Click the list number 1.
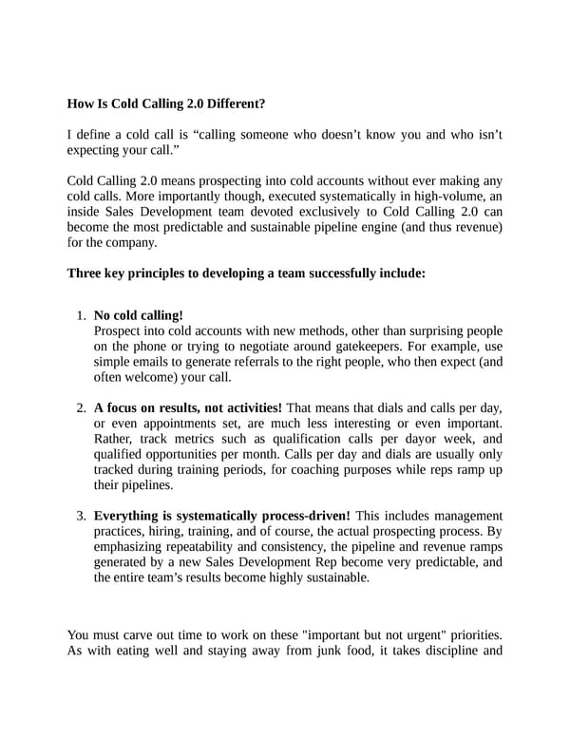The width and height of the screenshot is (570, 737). (x=82, y=315)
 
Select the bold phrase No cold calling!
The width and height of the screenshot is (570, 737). (x=139, y=315)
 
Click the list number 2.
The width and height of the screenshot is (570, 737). (x=82, y=408)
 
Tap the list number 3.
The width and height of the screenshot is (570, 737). (x=82, y=517)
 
